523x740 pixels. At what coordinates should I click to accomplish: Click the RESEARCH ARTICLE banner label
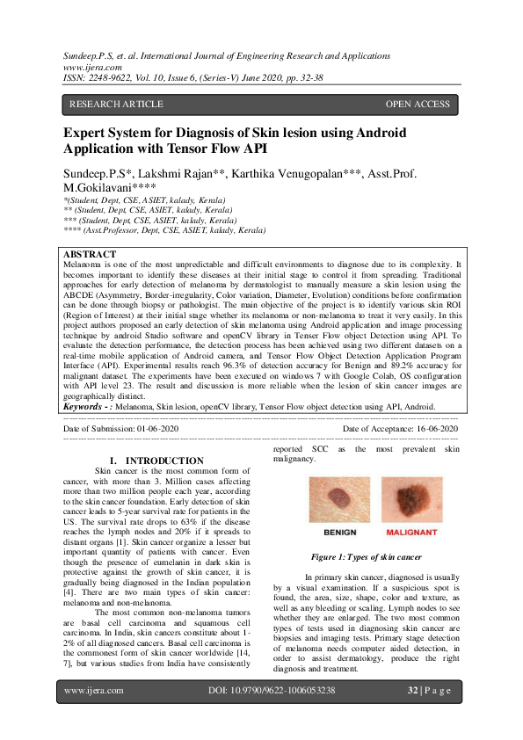[x=116, y=105]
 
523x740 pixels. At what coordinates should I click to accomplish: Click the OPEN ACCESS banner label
[x=418, y=105]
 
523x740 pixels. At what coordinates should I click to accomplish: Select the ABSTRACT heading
[x=91, y=253]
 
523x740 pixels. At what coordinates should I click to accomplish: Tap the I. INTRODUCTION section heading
[x=156, y=461]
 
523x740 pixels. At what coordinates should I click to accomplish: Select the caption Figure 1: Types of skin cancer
[x=366, y=557]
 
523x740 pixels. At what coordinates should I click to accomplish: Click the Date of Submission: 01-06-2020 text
[x=121, y=428]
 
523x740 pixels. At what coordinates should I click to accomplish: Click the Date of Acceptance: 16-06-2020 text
[x=400, y=428]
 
